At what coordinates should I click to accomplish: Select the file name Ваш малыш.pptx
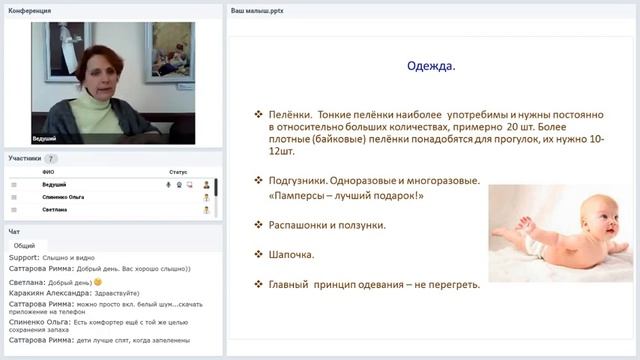click(x=258, y=10)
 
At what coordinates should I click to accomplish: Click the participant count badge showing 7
click(x=51, y=158)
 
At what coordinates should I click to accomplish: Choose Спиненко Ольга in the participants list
click(x=62, y=197)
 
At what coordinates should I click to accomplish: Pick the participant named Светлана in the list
click(x=55, y=210)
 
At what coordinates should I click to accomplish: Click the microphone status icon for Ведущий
click(x=168, y=185)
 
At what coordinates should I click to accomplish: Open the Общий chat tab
click(x=25, y=245)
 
